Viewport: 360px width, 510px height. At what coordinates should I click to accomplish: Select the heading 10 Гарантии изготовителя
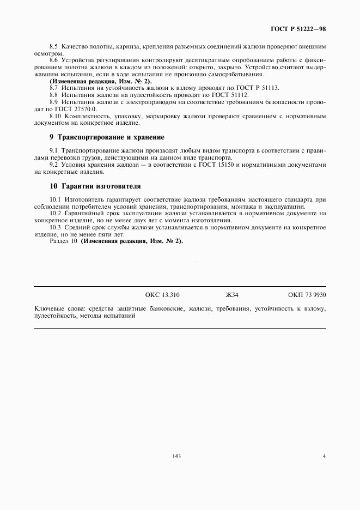(95, 186)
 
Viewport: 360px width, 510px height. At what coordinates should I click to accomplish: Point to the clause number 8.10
(56, 116)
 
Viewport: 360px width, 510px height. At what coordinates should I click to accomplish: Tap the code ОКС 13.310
(162, 295)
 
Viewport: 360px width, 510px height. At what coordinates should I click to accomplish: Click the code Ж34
(232, 295)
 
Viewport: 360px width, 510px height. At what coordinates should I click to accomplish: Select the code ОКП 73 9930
(307, 295)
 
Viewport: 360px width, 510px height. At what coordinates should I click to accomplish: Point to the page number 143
(175, 456)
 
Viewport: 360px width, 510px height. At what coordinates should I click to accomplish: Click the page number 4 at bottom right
(324, 456)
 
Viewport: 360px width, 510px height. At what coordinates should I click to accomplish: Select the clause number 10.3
(56, 227)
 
